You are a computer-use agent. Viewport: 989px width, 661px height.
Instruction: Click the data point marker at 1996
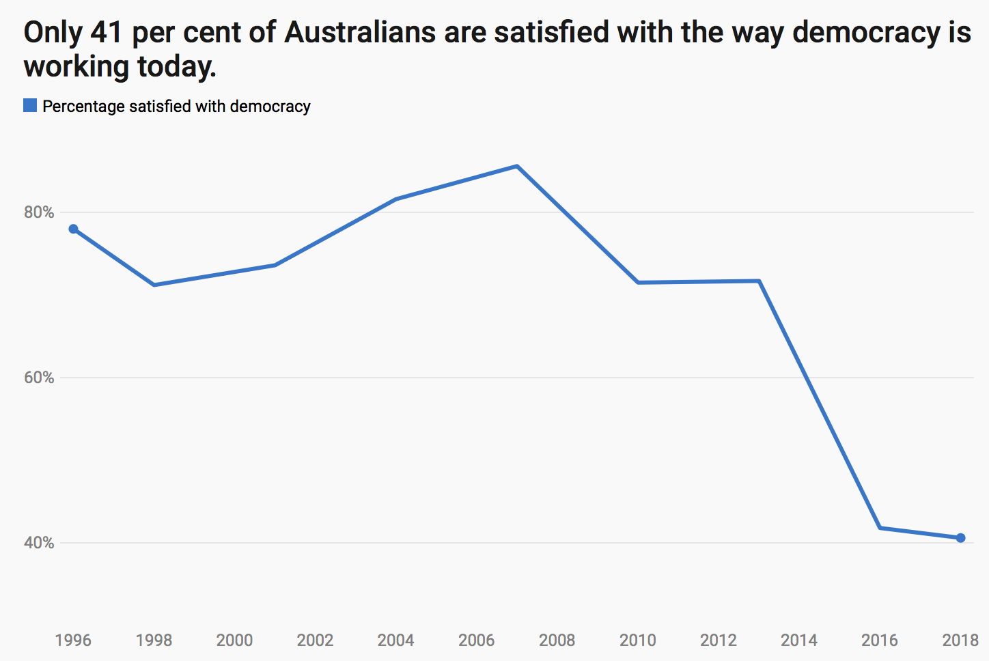(x=73, y=229)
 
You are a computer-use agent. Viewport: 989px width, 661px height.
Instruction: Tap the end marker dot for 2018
(x=960, y=538)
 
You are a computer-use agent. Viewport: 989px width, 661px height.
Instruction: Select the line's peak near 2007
(x=517, y=166)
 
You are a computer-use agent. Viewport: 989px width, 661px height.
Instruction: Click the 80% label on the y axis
(x=39, y=212)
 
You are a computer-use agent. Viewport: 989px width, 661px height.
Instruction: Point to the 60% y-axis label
(x=39, y=378)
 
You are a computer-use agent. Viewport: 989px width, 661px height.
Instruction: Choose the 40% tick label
(x=39, y=543)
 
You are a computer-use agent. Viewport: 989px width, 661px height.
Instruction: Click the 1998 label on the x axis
(x=154, y=641)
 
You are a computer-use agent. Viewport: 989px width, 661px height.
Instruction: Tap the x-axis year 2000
(x=234, y=641)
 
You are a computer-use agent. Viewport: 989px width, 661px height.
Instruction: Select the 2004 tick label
(x=395, y=641)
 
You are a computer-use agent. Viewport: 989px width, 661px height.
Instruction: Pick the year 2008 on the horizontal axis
(x=557, y=641)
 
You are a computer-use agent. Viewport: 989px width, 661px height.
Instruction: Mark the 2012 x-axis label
(x=718, y=641)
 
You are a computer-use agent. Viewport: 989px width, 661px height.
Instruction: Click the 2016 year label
(x=879, y=641)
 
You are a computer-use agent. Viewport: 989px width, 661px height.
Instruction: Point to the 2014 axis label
(x=798, y=641)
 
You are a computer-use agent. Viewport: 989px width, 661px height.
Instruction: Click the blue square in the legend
(x=30, y=106)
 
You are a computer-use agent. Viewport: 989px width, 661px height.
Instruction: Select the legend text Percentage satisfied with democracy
(x=176, y=107)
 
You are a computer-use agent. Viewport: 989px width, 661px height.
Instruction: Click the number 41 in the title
(x=106, y=33)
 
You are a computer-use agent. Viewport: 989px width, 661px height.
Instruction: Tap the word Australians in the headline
(x=359, y=33)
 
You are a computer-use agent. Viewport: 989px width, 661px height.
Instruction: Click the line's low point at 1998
(x=154, y=285)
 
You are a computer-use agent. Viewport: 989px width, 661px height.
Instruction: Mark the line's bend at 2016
(x=880, y=528)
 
